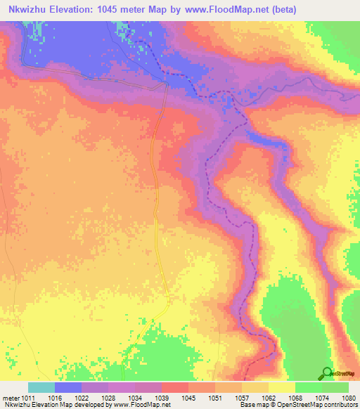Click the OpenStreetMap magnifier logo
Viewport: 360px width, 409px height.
point(326,373)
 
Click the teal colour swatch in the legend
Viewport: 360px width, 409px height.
point(41,387)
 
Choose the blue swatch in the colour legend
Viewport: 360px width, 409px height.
point(68,387)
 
